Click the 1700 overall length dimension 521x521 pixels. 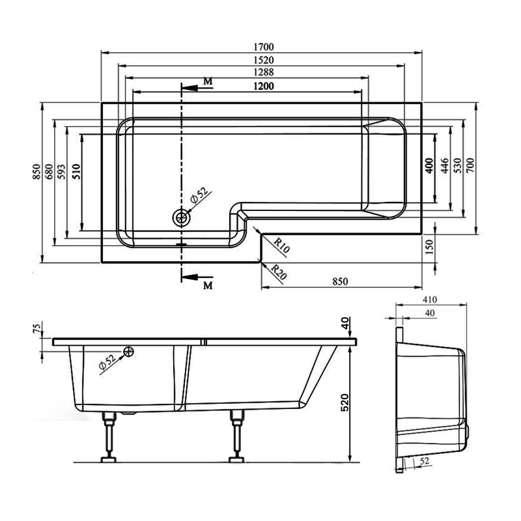[x=264, y=46]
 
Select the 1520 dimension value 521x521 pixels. [x=264, y=60]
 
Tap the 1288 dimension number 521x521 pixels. [x=264, y=73]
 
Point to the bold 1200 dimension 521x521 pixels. [x=263, y=86]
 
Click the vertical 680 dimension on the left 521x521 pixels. [x=48, y=171]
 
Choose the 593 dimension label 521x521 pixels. [x=61, y=171]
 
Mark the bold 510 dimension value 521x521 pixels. [x=76, y=171]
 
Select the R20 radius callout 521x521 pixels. [x=279, y=270]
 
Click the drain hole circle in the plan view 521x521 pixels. [x=180, y=217]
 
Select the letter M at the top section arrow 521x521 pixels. [x=207, y=81]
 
